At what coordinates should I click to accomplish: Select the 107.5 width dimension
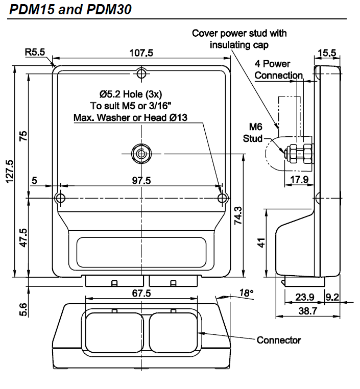point(142,53)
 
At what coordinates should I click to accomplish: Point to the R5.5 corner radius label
point(35,52)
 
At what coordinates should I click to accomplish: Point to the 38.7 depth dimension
point(307,310)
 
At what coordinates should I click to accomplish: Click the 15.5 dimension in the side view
point(326,53)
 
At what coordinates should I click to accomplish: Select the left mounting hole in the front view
point(60,198)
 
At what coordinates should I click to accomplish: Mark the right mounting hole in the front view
point(222,198)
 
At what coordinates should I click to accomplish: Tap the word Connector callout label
point(279,339)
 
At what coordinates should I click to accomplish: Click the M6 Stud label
point(255,132)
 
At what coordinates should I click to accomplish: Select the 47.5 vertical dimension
point(22,237)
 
